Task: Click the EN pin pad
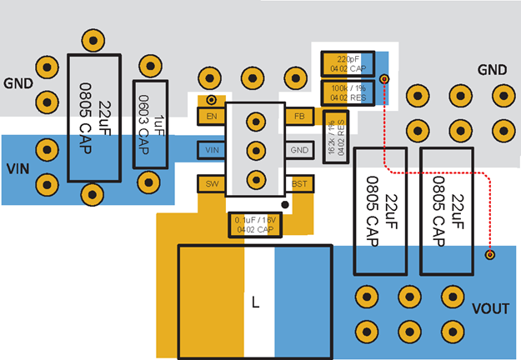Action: point(212,117)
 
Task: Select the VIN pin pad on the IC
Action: point(212,150)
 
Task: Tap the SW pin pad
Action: point(211,183)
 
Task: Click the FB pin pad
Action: point(299,117)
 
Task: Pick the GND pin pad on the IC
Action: point(299,150)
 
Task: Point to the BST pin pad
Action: point(299,183)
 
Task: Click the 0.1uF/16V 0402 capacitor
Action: point(256,223)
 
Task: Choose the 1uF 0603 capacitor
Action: point(151,124)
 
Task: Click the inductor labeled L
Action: point(255,302)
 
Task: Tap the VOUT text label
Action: point(490,309)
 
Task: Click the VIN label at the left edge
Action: point(18,168)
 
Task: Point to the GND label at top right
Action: point(492,69)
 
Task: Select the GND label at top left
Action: point(18,83)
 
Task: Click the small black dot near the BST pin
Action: point(284,203)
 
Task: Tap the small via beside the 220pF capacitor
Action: point(384,78)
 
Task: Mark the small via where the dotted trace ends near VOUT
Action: point(490,254)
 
